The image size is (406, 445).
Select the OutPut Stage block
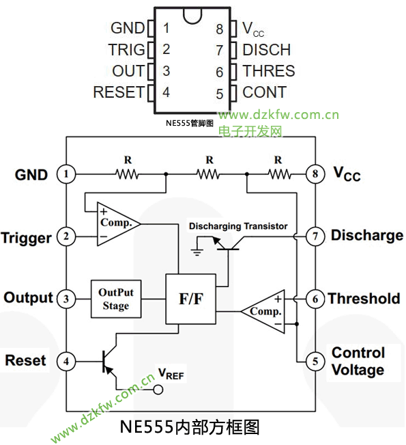(x=116, y=299)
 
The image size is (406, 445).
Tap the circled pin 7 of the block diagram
(x=315, y=237)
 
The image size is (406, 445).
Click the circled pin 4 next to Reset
(x=66, y=362)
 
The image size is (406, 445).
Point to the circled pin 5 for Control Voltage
(x=315, y=362)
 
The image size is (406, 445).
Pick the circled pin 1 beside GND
(x=66, y=174)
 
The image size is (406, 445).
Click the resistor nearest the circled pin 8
(x=279, y=174)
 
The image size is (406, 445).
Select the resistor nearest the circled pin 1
(x=128, y=174)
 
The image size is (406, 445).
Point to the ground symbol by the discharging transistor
(x=197, y=252)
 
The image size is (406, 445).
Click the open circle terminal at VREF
(x=158, y=390)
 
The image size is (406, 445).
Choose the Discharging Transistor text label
(x=238, y=226)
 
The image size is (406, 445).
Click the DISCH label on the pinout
(x=267, y=50)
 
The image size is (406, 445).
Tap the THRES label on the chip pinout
(x=269, y=71)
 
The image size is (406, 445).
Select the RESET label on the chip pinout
(x=119, y=92)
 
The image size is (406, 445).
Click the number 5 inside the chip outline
(x=220, y=94)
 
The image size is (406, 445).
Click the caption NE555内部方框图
(x=190, y=427)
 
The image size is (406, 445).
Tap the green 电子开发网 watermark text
(x=250, y=131)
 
